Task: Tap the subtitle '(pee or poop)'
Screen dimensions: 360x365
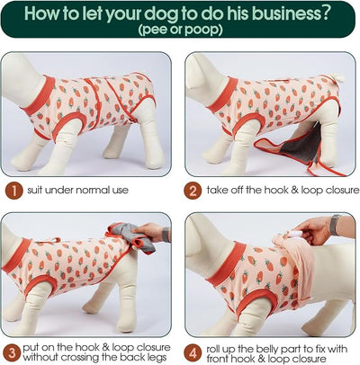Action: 181,30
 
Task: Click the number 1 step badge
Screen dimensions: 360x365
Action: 13,191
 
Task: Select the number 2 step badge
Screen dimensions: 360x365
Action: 193,191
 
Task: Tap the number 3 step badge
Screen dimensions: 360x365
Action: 12,352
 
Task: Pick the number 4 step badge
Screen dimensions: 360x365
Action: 193,352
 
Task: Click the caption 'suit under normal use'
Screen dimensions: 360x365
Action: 77,190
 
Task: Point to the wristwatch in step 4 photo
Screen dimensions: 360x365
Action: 335,225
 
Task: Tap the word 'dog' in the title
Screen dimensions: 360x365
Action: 161,13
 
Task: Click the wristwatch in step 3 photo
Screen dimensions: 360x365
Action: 166,235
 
